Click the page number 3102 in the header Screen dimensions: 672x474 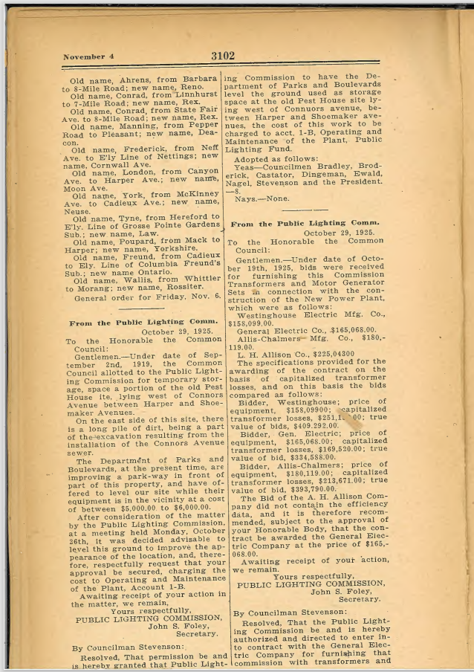[x=222, y=55]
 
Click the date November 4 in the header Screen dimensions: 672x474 [x=88, y=56]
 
